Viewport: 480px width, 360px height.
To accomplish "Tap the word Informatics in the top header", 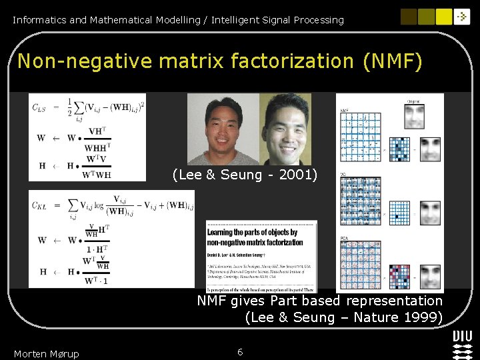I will pyautogui.click(x=39, y=20).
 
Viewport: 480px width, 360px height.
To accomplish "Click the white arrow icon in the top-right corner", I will pyautogui.click(x=462, y=17).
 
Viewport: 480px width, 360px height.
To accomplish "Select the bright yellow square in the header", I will pyautogui.click(x=444, y=17).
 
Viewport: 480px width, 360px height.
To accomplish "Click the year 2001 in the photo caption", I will pyautogui.click(x=298, y=175).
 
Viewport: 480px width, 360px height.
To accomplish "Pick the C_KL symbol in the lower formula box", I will pyautogui.click(x=41, y=205).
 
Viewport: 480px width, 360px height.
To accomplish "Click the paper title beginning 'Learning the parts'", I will pyautogui.click(x=254, y=237).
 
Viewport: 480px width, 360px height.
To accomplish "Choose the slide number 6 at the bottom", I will pyautogui.click(x=240, y=351).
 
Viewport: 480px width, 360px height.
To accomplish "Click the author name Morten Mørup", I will pyautogui.click(x=46, y=353).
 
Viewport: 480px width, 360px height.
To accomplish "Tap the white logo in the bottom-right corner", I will pyautogui.click(x=462, y=344).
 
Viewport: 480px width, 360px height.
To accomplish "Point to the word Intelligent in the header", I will pyautogui.click(x=237, y=20).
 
